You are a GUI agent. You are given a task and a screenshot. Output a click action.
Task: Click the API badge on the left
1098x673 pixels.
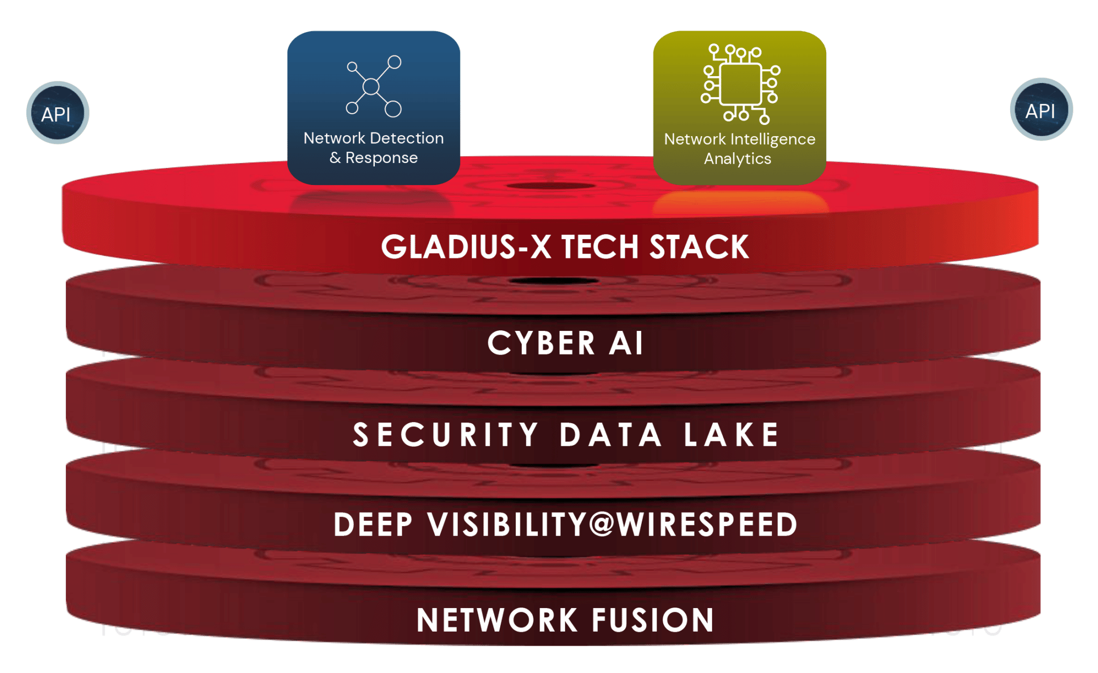(x=57, y=113)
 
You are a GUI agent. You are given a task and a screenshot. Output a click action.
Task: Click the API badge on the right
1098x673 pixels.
(x=1041, y=110)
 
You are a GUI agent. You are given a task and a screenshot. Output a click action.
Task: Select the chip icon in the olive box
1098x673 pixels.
(x=740, y=84)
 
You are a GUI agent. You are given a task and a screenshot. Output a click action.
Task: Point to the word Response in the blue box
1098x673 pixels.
(x=381, y=158)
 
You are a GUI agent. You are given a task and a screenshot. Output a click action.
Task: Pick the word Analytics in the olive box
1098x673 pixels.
(x=737, y=159)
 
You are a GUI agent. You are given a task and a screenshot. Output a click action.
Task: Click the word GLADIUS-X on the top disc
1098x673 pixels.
(x=466, y=247)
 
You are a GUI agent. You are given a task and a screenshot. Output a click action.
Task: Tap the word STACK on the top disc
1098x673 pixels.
(x=699, y=247)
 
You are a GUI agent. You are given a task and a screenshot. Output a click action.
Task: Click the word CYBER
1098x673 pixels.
(x=541, y=343)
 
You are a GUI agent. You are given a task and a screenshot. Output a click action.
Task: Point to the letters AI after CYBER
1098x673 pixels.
(x=626, y=343)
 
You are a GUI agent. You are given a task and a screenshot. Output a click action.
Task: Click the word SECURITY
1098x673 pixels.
(x=446, y=434)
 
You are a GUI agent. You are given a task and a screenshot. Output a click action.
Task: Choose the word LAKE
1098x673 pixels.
(x=731, y=434)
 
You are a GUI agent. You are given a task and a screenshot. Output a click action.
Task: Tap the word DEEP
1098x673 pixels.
(x=373, y=524)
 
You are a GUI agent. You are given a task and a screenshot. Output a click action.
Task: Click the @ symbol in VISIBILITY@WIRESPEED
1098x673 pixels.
(x=602, y=524)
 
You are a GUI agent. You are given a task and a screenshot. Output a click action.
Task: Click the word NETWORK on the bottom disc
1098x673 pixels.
(x=497, y=620)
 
